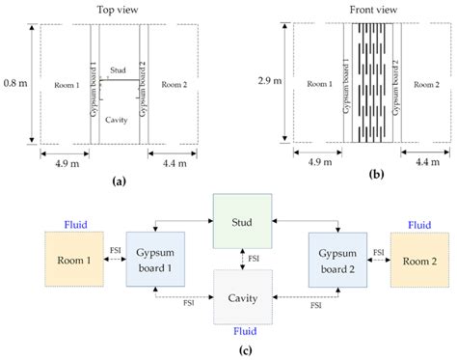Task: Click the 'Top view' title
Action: click(x=119, y=10)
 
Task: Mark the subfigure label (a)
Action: click(x=117, y=180)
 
